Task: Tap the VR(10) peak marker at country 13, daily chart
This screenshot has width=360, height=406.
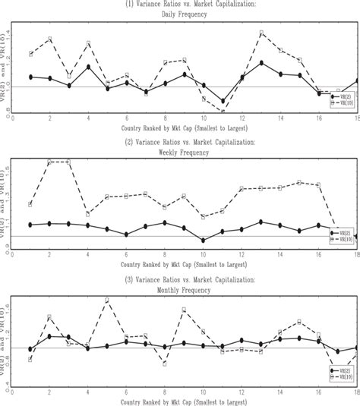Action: click(x=261, y=33)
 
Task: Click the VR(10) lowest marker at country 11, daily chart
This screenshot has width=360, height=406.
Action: click(x=223, y=111)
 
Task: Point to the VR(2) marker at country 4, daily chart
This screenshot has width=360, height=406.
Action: click(x=88, y=67)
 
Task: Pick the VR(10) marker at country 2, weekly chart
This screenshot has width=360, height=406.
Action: click(x=49, y=162)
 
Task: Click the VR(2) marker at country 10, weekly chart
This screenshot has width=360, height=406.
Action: click(x=204, y=241)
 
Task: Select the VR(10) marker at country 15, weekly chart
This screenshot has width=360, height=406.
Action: click(x=300, y=182)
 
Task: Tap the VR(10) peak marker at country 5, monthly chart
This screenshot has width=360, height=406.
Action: click(x=107, y=301)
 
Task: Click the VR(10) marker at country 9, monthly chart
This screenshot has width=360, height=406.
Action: click(x=184, y=310)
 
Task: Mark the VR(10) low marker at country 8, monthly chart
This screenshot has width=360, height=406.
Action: click(x=165, y=364)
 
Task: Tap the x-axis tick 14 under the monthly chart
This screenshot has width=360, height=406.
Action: click(x=281, y=393)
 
